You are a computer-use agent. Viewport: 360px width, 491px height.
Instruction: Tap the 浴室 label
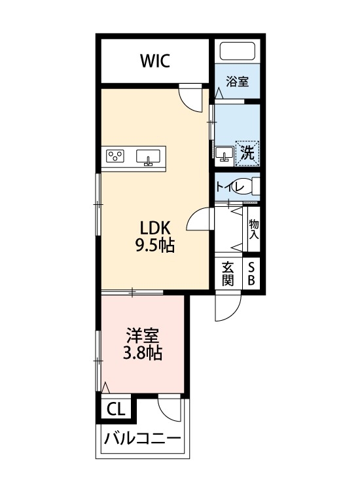click(x=236, y=82)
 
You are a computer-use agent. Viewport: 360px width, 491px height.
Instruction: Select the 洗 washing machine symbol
click(x=247, y=153)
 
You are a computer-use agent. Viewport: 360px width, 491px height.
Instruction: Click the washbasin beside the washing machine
click(x=224, y=155)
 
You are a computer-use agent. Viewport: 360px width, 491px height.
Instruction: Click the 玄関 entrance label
click(x=228, y=274)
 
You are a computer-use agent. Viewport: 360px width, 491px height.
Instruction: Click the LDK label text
click(x=156, y=228)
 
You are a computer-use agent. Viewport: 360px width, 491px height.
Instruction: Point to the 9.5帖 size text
click(x=156, y=246)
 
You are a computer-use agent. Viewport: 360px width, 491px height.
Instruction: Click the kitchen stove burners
click(x=117, y=156)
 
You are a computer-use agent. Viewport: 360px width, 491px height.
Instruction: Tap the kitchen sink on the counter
click(x=149, y=157)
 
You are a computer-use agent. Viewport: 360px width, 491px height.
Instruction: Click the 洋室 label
click(x=143, y=336)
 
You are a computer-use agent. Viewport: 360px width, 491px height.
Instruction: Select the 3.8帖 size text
click(x=143, y=354)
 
